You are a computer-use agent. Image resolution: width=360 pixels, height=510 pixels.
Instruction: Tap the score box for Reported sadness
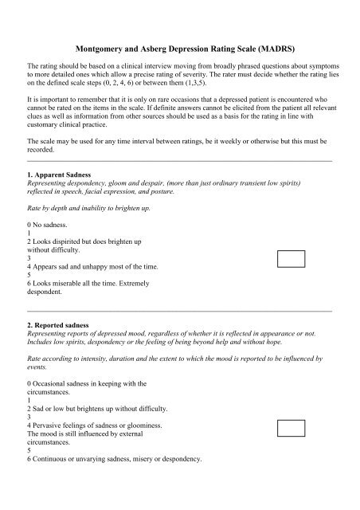click(x=291, y=429)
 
